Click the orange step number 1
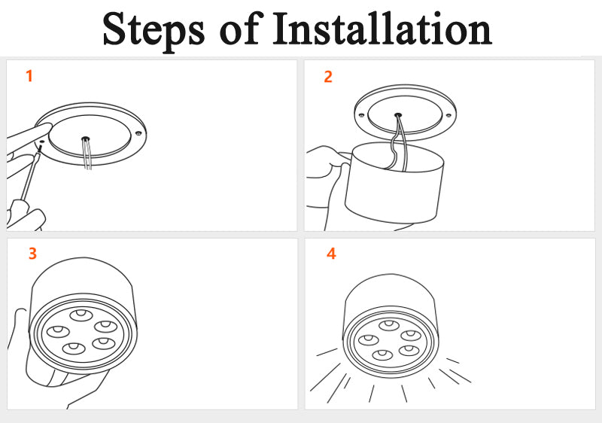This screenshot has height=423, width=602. (x=29, y=76)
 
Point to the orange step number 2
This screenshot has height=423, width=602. (x=327, y=76)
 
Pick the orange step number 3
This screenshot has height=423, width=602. (x=32, y=254)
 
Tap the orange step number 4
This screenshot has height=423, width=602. (x=331, y=254)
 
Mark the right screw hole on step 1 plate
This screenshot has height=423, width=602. (x=138, y=133)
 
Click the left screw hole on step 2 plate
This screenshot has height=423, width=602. (x=362, y=114)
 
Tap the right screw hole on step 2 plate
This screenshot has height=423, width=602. (x=448, y=115)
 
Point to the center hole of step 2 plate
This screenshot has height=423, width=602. (x=398, y=116)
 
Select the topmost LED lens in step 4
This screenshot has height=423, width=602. (x=388, y=325)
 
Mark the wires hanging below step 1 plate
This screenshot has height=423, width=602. (x=89, y=158)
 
